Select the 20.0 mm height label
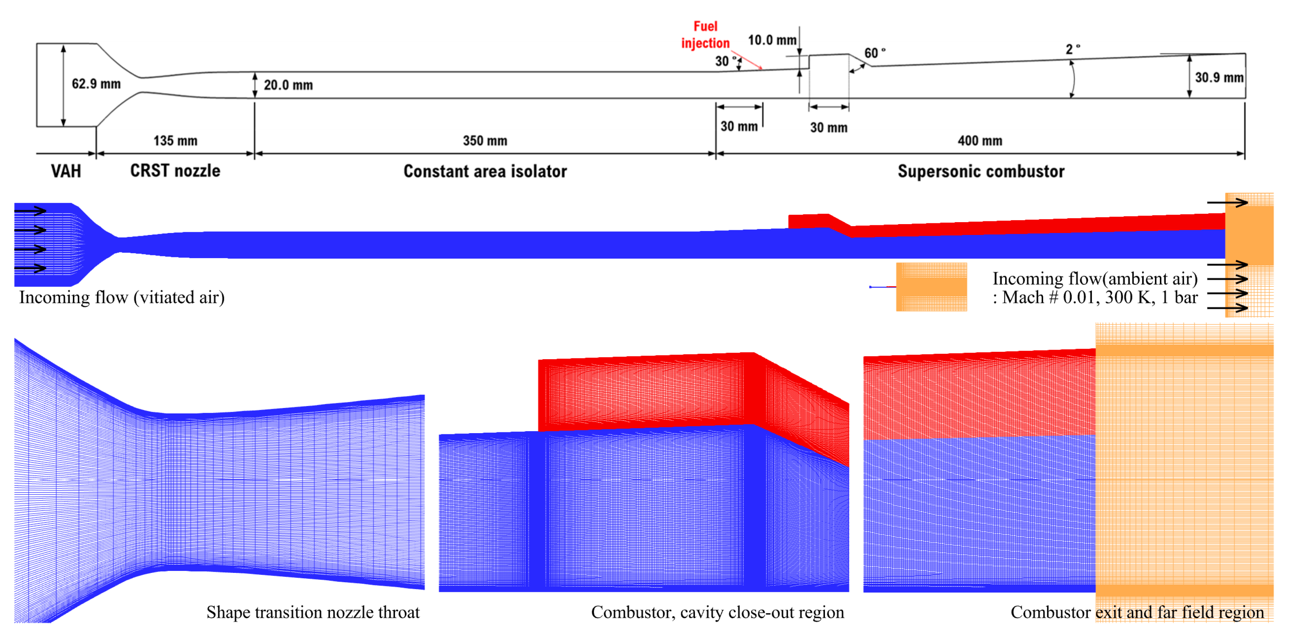click(x=288, y=85)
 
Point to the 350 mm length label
click(x=485, y=141)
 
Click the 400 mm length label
click(x=980, y=141)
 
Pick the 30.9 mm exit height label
click(x=1219, y=78)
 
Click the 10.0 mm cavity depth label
click(x=772, y=40)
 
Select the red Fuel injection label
click(x=705, y=34)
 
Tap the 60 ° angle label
click(x=874, y=53)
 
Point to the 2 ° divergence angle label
click(x=1072, y=49)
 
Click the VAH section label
click(x=66, y=171)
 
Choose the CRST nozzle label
click(x=175, y=171)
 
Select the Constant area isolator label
click(x=485, y=171)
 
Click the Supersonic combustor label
click(x=981, y=171)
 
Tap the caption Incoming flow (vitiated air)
click(x=122, y=297)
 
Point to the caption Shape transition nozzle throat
click(x=313, y=612)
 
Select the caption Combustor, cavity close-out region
click(x=717, y=612)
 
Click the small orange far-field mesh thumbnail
click(x=931, y=287)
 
